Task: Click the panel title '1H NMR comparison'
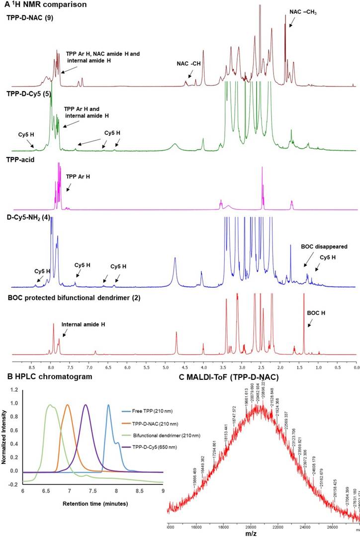[36, 5]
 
